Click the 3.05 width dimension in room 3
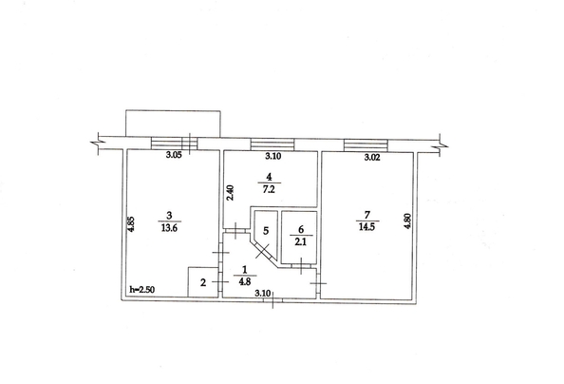[x=174, y=155]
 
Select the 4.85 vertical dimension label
[x=131, y=223]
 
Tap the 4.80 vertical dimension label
[x=407, y=221]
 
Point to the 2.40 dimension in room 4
[x=231, y=192]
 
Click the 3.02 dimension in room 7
[x=372, y=158]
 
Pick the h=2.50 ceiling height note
[x=142, y=289]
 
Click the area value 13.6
[x=169, y=228]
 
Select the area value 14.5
[x=367, y=227]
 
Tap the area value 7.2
[x=269, y=189]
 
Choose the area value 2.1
[x=301, y=241]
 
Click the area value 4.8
[x=245, y=281]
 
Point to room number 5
[x=266, y=231]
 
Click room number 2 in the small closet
[x=203, y=282]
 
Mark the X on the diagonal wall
[x=263, y=251]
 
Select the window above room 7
[x=366, y=144]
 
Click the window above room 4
[x=273, y=144]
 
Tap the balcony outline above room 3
[x=173, y=111]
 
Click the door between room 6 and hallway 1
[x=301, y=266]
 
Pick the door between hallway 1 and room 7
[x=318, y=283]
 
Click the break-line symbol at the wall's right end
[x=439, y=144]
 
